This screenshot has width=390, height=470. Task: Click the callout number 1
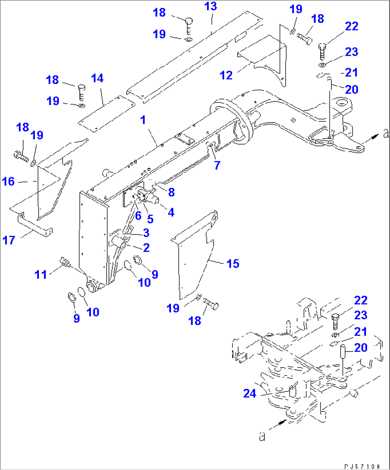point(143,120)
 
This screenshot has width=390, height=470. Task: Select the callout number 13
point(211,6)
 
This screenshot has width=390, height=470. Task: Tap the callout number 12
point(226,75)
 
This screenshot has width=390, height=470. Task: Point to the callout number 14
point(97,78)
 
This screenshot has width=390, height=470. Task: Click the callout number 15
point(233,264)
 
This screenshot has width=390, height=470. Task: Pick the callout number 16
point(8,182)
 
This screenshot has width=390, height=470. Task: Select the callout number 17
point(9,240)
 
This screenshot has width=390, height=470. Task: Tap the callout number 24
point(250,394)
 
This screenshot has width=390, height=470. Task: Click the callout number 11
point(41,274)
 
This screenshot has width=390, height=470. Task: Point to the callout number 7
point(217,165)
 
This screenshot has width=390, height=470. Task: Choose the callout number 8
point(171,192)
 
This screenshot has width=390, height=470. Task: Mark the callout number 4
point(171,212)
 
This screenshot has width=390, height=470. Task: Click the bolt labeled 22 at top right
point(322,51)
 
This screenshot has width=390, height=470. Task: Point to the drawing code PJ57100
point(362,466)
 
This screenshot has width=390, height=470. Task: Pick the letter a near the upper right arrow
point(385,134)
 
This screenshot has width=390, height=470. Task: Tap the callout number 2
point(146,247)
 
